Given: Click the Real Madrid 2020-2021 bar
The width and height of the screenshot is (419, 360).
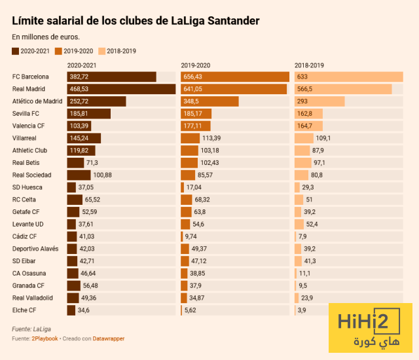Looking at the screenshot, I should click(121, 89).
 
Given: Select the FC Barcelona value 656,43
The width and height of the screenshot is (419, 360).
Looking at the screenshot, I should click(195, 77).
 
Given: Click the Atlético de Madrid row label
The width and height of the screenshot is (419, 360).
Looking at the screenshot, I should click(37, 101).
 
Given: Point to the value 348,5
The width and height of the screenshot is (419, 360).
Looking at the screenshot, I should click(192, 101).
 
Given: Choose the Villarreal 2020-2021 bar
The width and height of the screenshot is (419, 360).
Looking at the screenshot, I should click(84, 138).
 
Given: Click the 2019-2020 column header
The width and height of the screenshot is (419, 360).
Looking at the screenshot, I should click(196, 65).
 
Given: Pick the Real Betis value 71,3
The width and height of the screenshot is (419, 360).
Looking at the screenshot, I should click(92, 163).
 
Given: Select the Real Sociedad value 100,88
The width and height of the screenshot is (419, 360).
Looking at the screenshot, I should click(103, 175).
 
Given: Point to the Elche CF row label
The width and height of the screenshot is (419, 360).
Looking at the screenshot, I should click(25, 310).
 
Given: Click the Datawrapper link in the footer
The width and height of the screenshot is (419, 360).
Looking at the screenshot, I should click(108, 338).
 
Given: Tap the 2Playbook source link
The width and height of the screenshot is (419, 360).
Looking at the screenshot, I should click(45, 338).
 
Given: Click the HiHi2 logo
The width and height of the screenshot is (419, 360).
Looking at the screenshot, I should click(371, 329).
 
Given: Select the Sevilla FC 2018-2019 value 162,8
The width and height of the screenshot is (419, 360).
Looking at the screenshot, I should click(305, 114).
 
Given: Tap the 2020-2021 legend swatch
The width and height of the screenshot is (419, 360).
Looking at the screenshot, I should click(16, 50).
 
